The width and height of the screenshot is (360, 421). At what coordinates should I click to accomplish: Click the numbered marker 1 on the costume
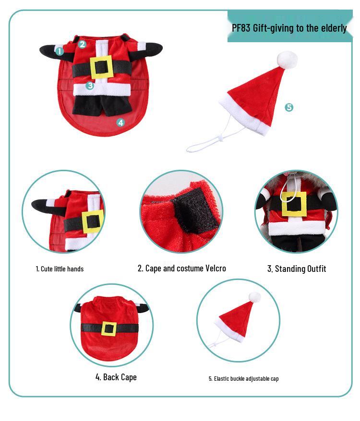coord(60,51)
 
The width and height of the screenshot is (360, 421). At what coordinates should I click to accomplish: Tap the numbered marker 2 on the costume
coord(82,44)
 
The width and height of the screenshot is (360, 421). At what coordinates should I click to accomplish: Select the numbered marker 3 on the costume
coord(90,86)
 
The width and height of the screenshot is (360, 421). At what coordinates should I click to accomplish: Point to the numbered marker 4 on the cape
coord(120,122)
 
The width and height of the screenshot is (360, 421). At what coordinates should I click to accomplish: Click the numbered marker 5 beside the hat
coord(289,107)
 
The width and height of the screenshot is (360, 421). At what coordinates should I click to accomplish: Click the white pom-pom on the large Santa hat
coord(287,59)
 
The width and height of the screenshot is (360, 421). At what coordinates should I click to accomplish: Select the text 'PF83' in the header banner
coord(241,28)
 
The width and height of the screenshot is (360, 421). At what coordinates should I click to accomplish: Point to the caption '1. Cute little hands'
coord(60,269)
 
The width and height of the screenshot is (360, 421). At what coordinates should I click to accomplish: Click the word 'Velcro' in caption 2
coord(216,268)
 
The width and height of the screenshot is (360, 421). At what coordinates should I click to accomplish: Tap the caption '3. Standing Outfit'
coord(297,269)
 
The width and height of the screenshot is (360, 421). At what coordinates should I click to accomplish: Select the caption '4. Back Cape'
coord(116,377)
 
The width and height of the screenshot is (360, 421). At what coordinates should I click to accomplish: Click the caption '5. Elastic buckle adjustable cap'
coord(243,379)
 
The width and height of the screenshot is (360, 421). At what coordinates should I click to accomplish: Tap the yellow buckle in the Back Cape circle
coord(109,328)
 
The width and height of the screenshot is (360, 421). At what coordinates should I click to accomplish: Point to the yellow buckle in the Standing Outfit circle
coord(294,204)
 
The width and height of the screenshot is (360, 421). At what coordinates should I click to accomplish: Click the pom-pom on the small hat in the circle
coord(254,297)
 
